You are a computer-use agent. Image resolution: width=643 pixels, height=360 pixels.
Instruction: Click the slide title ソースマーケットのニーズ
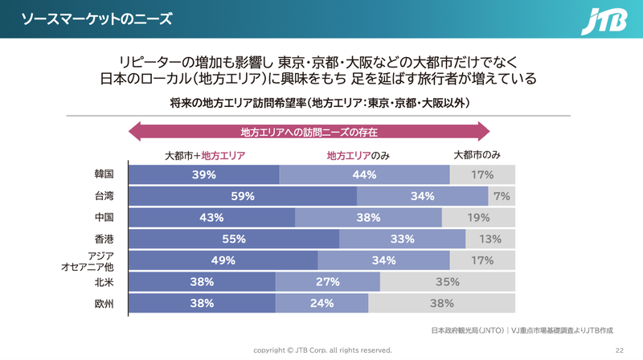coord(96,19)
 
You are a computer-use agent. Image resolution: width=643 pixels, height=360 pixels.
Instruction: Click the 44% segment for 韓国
coord(364,174)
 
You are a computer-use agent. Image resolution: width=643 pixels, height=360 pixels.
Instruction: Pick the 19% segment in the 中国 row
coord(478,217)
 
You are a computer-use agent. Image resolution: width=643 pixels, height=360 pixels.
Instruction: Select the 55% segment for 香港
coord(234,239)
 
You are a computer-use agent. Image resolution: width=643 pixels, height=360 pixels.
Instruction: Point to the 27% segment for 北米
coord(327,281)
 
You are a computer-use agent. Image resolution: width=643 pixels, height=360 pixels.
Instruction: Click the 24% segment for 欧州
coord(321,303)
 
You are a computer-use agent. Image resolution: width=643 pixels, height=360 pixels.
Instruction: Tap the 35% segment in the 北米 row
coord(447,281)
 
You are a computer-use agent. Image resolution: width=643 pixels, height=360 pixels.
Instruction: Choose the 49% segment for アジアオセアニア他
coord(223,260)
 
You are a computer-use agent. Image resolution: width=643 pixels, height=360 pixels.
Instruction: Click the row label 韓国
coord(104,174)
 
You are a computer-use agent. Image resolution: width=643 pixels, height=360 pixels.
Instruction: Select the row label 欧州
coord(104,303)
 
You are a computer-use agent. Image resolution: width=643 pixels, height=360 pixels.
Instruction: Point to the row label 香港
coord(104,239)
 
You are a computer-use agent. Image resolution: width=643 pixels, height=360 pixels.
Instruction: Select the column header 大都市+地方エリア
coord(204,155)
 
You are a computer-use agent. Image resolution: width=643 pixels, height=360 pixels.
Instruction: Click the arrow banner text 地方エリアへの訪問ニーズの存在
coord(309,132)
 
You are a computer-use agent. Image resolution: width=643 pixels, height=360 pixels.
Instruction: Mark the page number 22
coord(619,350)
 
